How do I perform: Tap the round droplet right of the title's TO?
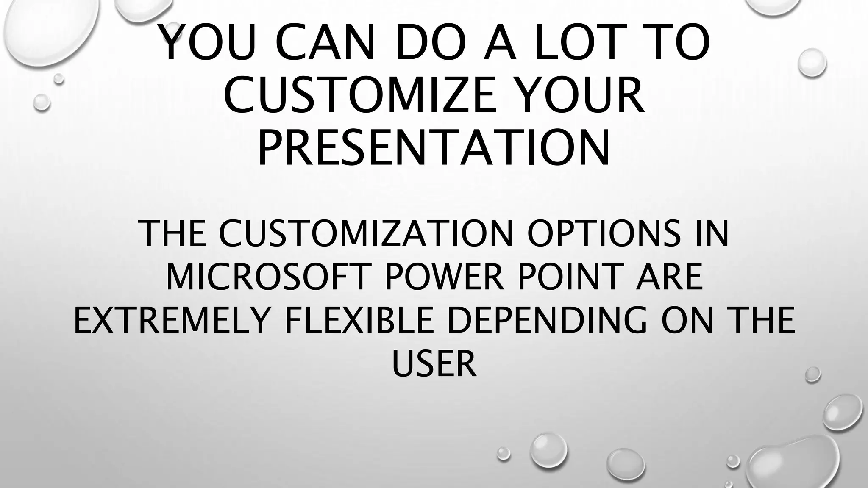(x=812, y=63)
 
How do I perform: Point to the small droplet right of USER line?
(x=812, y=374)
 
